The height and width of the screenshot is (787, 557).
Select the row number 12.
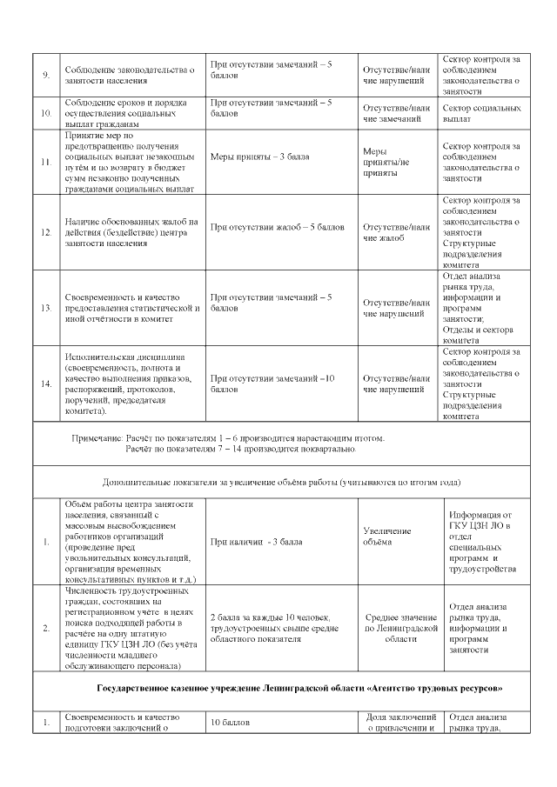tap(46, 232)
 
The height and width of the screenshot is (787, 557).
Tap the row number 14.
tap(46, 383)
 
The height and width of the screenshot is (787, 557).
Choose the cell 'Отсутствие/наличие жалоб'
tap(396, 232)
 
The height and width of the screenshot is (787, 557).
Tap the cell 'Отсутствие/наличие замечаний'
tap(396, 114)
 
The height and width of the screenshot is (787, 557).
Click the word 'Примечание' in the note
tap(97, 437)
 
